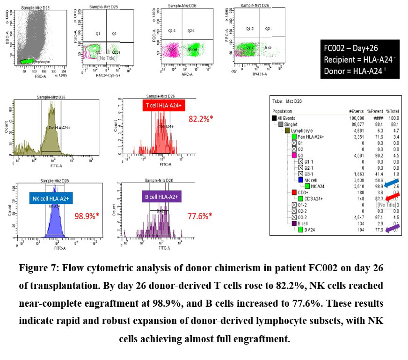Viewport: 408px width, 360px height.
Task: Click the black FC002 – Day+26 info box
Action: pyautogui.click(x=356, y=59)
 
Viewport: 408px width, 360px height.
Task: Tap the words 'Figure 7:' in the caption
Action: pyautogui.click(x=38, y=268)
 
